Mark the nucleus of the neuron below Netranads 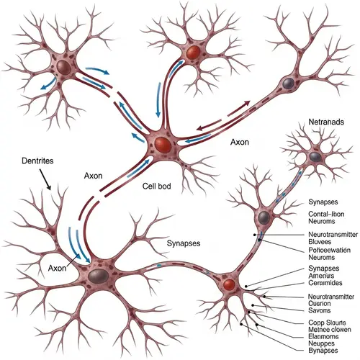[x=315, y=156]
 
